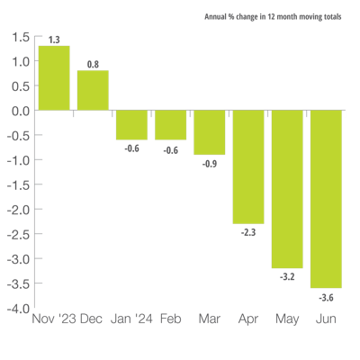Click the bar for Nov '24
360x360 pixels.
pos(54,78)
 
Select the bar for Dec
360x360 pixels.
pos(93,90)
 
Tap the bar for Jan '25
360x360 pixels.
pos(131,125)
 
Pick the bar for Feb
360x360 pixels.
pos(170,125)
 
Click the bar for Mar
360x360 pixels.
pos(210,132)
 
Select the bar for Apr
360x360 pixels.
pos(248,167)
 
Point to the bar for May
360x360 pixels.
pos(287,189)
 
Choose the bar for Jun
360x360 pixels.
pos(326,199)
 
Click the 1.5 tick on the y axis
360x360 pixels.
pos(22,37)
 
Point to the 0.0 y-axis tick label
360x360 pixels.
pos(22,111)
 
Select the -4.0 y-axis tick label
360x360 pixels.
pos(21,309)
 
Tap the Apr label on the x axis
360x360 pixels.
pos(248,319)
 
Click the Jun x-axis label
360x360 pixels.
pos(326,319)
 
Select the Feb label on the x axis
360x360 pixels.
pos(170,319)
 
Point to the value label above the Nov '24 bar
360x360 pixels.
pos(54,40)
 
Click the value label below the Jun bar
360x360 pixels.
pos(326,297)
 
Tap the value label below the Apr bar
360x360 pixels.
pos(248,232)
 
